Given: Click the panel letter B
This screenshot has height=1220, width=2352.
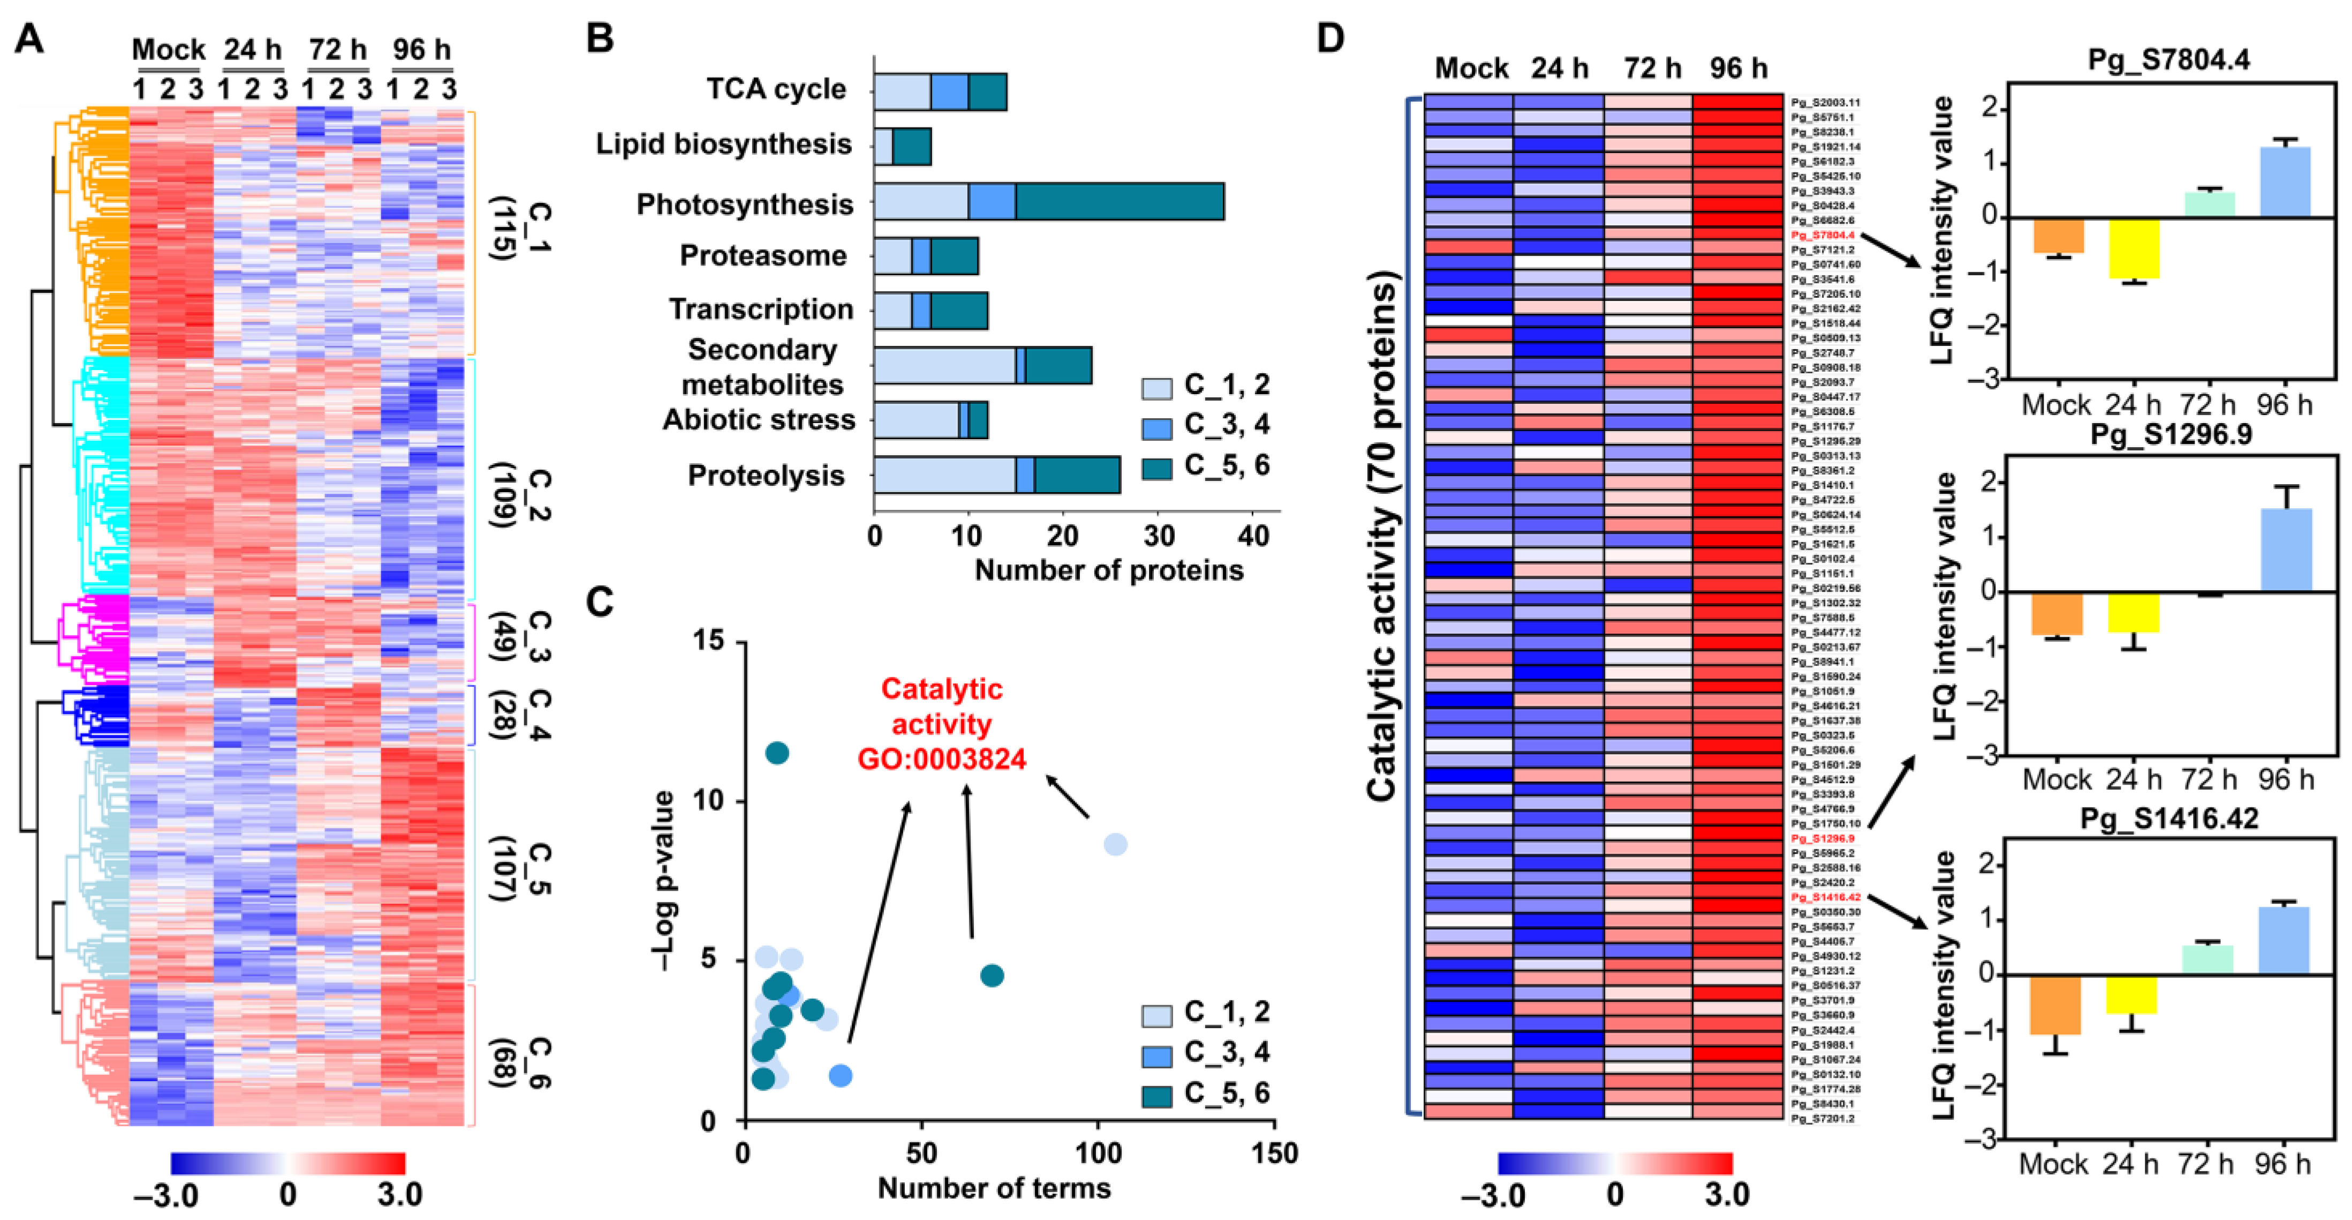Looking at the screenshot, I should coord(599,39).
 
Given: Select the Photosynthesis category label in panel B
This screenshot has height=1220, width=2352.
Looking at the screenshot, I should coord(744,205).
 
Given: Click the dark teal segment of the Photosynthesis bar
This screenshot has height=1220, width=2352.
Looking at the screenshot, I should coord(1120,202).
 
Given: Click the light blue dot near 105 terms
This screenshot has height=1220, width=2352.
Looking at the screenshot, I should coord(1115,845).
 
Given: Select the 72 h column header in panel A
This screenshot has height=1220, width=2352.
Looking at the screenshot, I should coord(337,49).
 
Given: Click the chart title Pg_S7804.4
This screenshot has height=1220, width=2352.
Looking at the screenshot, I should coord(2168,61).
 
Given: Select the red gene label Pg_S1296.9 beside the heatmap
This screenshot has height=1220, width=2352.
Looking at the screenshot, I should coord(1817,838).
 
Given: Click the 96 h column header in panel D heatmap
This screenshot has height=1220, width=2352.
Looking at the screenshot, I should coord(1737,69).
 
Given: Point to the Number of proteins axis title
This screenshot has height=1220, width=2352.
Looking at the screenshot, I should coord(1108,571).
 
